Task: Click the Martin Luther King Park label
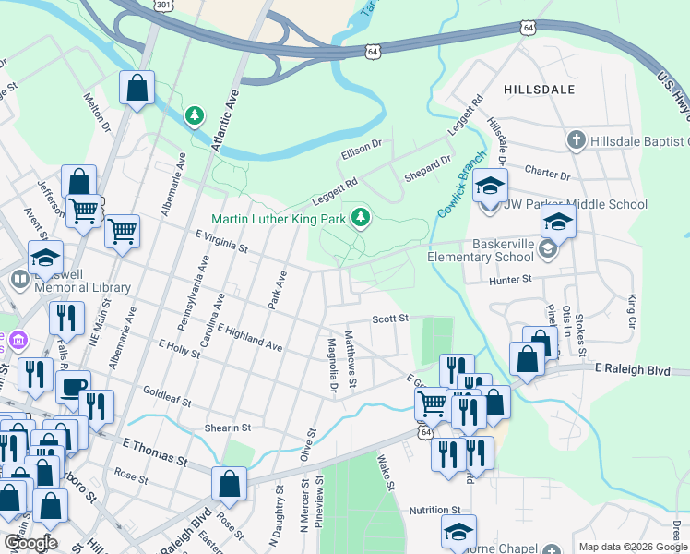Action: point(278,220)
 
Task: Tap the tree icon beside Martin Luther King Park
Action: point(362,218)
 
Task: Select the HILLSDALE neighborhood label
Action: point(540,90)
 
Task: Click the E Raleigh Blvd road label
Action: point(644,369)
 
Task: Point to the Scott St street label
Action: point(389,319)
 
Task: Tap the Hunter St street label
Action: point(513,279)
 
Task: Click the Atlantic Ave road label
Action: point(224,121)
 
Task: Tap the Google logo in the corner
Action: point(30,543)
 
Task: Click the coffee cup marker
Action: point(73,386)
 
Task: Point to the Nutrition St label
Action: point(434,510)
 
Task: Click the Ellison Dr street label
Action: point(361,146)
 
